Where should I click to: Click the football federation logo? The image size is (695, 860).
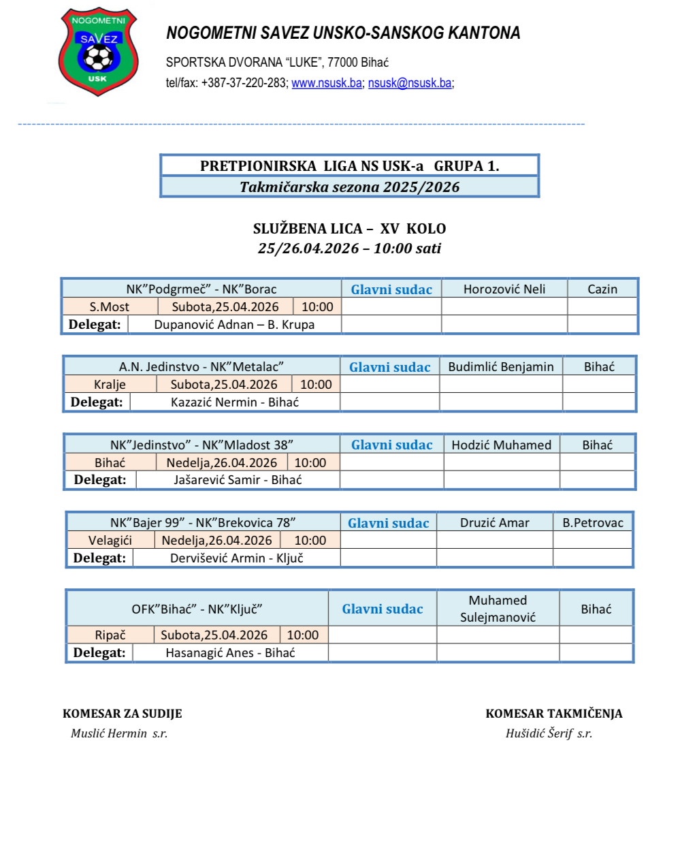click(x=98, y=52)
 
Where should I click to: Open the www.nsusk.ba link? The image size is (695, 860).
click(x=327, y=83)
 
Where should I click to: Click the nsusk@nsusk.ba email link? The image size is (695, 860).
click(x=410, y=83)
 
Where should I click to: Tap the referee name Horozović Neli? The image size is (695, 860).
click(x=504, y=289)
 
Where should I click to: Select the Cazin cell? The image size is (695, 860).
click(x=602, y=289)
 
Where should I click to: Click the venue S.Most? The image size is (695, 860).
click(x=110, y=307)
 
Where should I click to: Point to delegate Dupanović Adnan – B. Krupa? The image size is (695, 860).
click(x=234, y=325)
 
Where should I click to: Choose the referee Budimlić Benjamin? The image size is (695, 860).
click(x=501, y=367)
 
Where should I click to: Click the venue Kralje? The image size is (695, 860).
click(x=110, y=385)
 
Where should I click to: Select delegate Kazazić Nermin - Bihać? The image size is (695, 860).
click(x=235, y=402)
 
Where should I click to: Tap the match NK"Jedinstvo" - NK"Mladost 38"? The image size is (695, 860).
click(x=201, y=445)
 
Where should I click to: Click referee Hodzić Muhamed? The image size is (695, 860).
click(x=502, y=445)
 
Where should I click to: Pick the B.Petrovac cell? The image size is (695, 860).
click(x=593, y=523)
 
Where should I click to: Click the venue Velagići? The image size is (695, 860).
click(x=110, y=541)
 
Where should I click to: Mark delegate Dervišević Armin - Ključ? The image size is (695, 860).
click(x=237, y=558)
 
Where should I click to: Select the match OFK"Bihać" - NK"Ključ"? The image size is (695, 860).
click(x=197, y=609)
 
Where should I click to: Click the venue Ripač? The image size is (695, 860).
click(x=110, y=635)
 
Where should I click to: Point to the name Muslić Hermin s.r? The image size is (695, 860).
click(x=119, y=733)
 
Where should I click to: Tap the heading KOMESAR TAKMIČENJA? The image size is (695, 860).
click(x=554, y=714)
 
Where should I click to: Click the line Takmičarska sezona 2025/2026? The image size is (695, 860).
click(x=350, y=187)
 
